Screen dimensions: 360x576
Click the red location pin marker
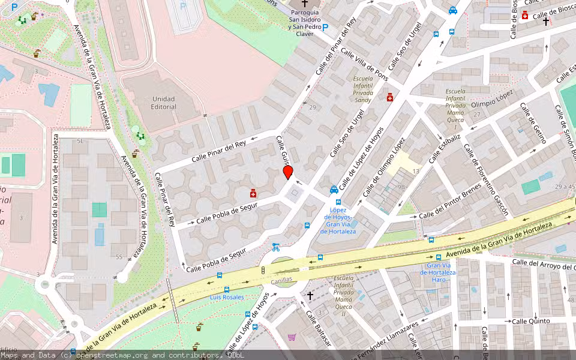pyautogui.click(x=288, y=172)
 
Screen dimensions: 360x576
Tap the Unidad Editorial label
pyautogui.click(x=164, y=103)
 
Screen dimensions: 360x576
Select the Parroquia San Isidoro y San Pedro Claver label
pyautogui.click(x=304, y=19)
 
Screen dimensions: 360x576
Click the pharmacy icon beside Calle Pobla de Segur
pyautogui.click(x=253, y=193)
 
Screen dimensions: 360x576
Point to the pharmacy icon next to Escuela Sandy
pyautogui.click(x=390, y=97)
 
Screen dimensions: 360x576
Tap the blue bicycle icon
pyautogui.click(x=275, y=247)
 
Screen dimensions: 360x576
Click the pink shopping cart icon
pyautogui.click(x=292, y=337)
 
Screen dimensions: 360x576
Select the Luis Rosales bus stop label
pyautogui.click(x=227, y=297)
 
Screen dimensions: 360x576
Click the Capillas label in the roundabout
pyautogui.click(x=281, y=279)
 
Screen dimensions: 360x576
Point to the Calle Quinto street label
pyautogui.click(x=530, y=321)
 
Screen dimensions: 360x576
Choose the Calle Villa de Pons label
pyautogui.click(x=365, y=65)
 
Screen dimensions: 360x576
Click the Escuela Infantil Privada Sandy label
pyautogui.click(x=363, y=89)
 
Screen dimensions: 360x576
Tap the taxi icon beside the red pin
pyautogui.click(x=334, y=190)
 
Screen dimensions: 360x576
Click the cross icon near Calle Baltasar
pyautogui.click(x=310, y=295)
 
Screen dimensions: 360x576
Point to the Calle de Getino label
pyautogui.click(x=533, y=123)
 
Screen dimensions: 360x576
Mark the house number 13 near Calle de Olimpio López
pyautogui.click(x=415, y=172)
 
